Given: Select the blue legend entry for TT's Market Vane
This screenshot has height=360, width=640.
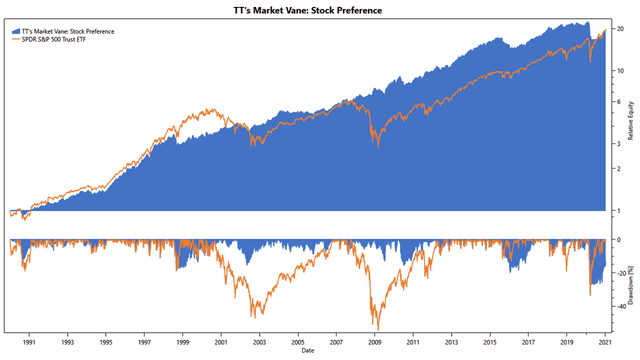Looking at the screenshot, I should (x=67, y=31).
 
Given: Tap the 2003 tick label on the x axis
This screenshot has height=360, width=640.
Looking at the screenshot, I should (x=259, y=342).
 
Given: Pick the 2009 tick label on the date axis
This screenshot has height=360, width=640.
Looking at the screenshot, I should (x=374, y=342).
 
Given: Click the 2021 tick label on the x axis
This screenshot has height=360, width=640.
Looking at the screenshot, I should (x=605, y=342).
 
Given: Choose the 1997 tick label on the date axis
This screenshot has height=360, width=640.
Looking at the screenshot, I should (x=144, y=342).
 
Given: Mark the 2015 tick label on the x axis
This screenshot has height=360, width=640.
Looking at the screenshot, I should (x=490, y=342).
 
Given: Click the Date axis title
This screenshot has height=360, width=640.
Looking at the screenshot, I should (x=307, y=350).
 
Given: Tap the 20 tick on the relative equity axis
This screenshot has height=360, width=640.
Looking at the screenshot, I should (x=620, y=29).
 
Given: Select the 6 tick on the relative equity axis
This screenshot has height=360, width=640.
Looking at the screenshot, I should (x=619, y=102).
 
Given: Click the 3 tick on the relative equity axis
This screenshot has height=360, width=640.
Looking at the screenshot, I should (x=619, y=144).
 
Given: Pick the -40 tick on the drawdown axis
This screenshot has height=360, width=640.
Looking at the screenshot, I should (x=620, y=307).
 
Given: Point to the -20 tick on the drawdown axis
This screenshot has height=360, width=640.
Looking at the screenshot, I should (x=620, y=273).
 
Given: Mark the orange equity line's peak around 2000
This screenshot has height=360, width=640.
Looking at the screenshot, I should (x=213, y=109).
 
